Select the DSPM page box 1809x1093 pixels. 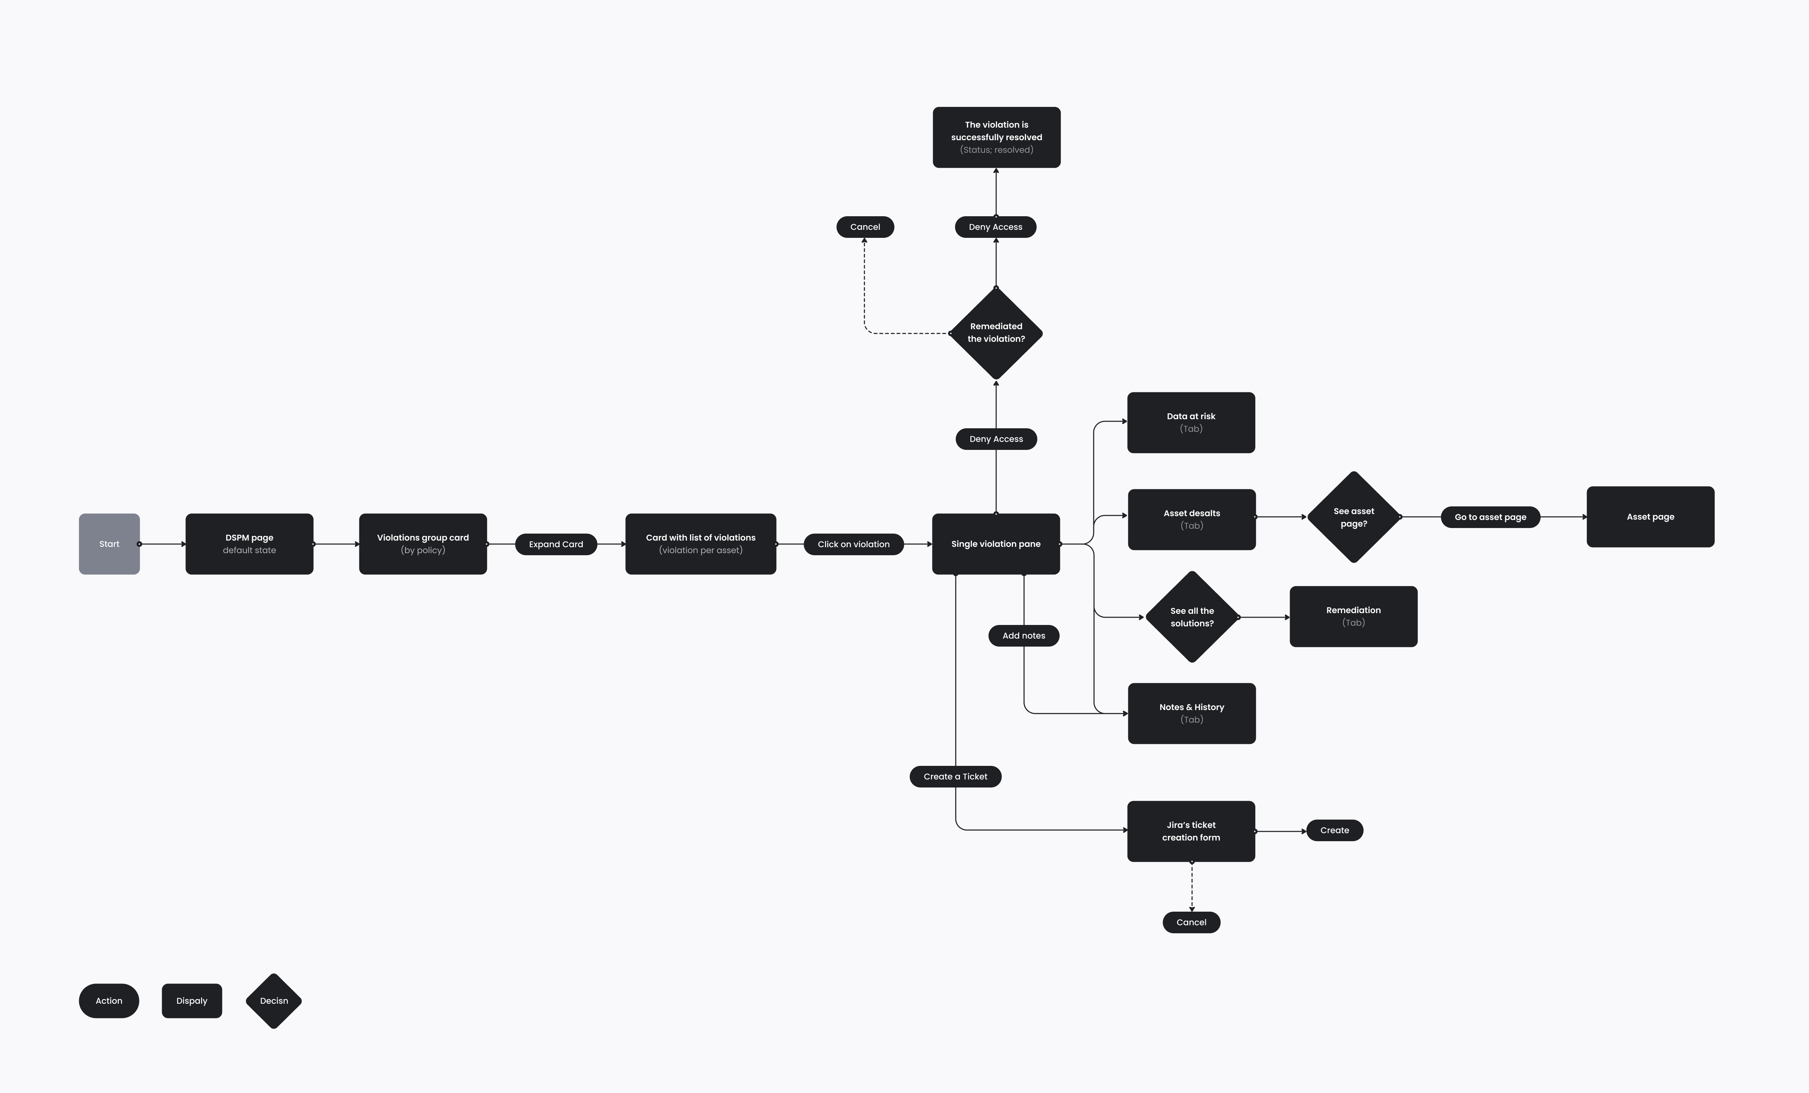(250, 544)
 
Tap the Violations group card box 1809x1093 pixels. (423, 544)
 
